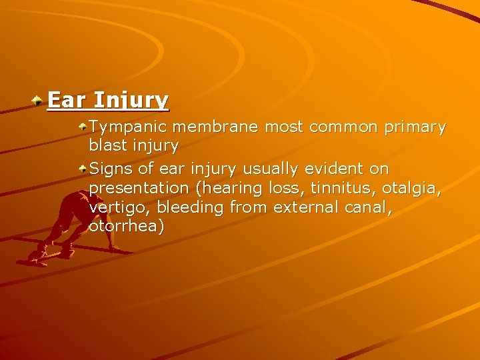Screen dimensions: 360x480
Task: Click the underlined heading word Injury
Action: click(x=131, y=101)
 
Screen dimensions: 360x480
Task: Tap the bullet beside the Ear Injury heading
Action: click(x=39, y=100)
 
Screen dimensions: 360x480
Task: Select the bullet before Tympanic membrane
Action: click(x=82, y=125)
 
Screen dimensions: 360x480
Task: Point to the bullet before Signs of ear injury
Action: click(x=82, y=167)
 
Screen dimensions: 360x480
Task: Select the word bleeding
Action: click(x=191, y=208)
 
